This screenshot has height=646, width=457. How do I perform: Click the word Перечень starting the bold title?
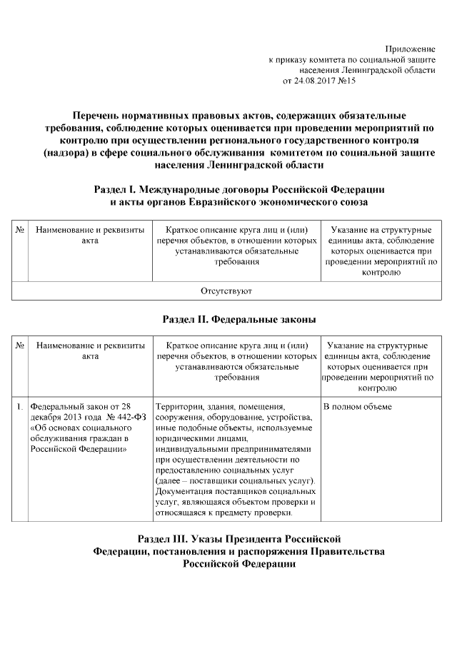[x=101, y=116]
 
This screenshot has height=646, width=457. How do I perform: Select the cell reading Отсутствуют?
[x=228, y=291]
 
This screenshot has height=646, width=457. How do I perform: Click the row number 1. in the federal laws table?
[x=20, y=406]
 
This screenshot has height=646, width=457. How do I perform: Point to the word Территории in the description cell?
[x=176, y=406]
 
